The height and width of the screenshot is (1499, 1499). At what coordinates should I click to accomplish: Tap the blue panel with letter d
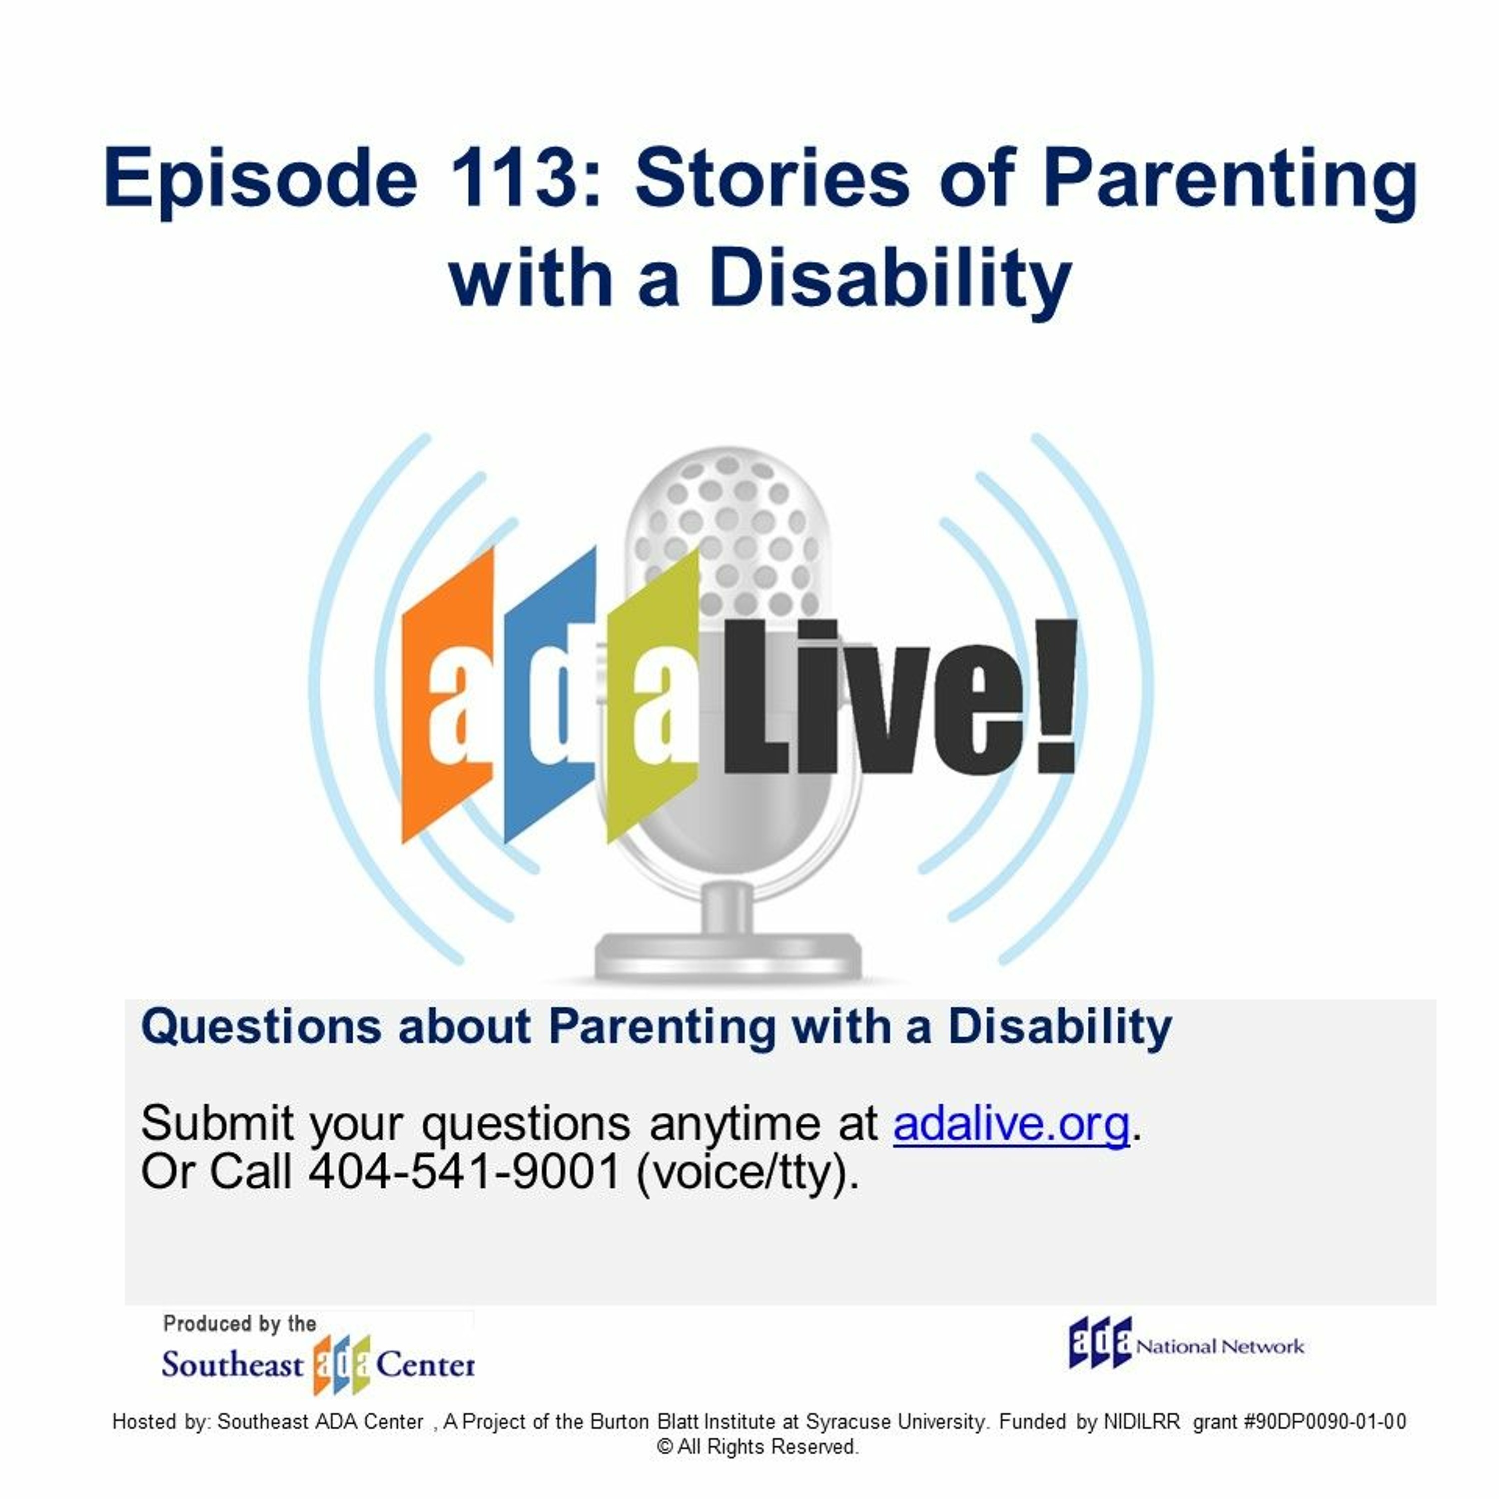tap(550, 695)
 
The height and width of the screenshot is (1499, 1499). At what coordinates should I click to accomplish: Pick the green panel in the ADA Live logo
tap(653, 696)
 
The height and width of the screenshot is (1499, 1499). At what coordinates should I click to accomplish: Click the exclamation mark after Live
tap(1057, 696)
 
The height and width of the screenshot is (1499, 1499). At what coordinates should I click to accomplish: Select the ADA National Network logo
tap(1186, 1344)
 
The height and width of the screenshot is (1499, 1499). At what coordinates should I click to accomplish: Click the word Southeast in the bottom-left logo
tap(232, 1365)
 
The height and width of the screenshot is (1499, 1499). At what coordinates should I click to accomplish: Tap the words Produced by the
tap(240, 1324)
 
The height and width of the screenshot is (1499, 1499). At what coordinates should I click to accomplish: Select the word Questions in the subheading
tap(261, 1027)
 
